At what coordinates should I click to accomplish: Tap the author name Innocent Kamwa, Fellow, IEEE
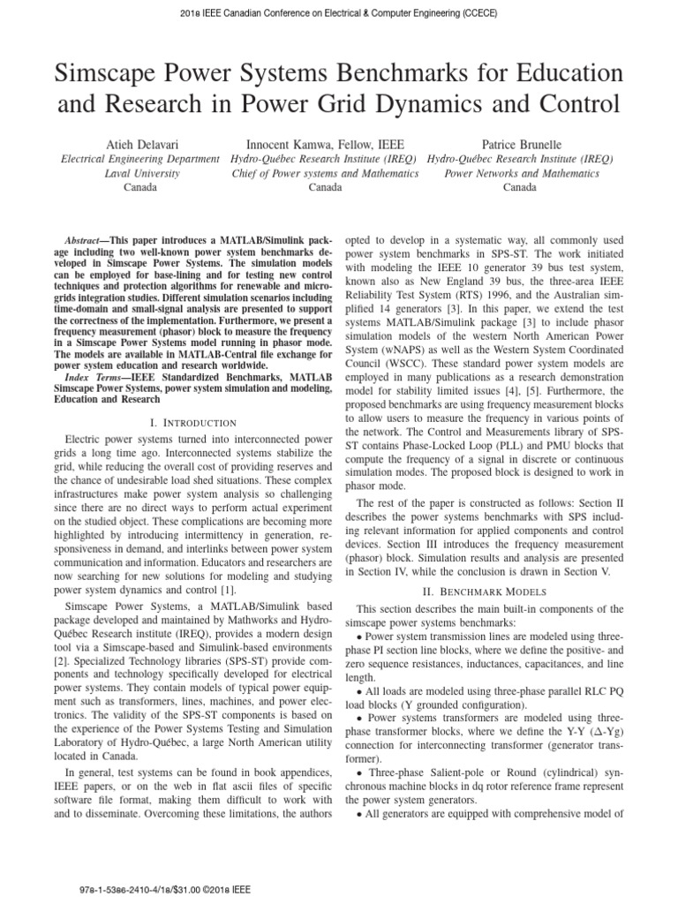[x=324, y=143]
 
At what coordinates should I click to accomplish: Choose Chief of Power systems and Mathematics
[x=324, y=174]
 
